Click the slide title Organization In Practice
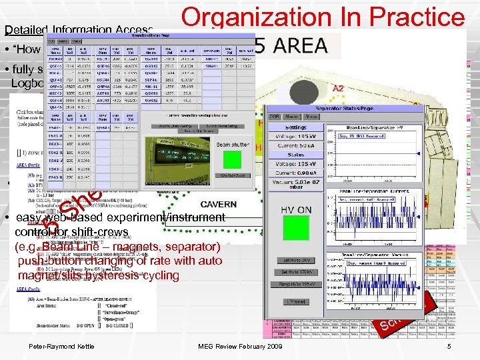[323, 18]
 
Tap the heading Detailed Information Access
[79, 30]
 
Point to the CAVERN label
[219, 205]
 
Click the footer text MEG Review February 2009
[241, 346]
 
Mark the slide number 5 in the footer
[450, 346]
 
